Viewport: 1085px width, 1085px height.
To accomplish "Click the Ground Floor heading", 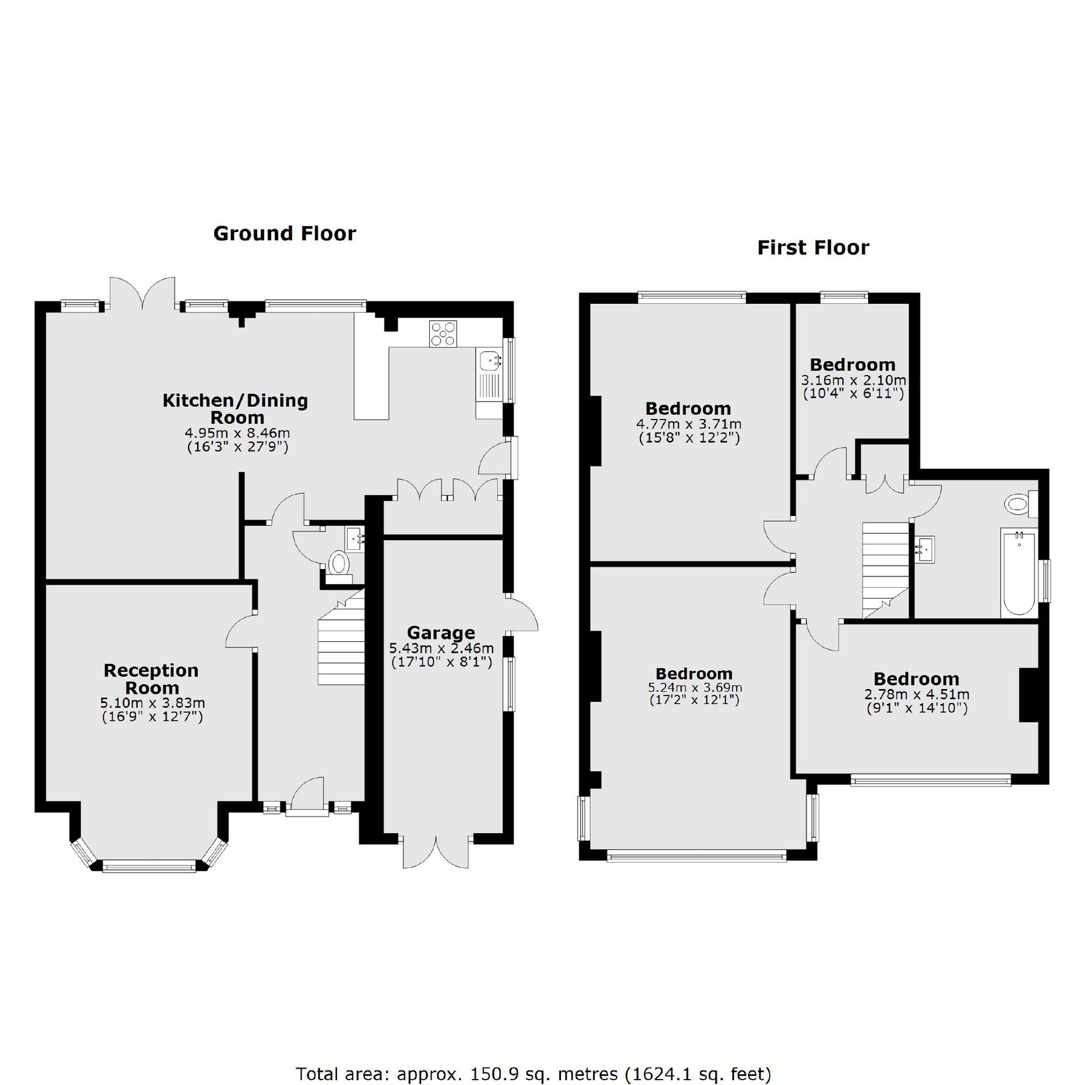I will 285,233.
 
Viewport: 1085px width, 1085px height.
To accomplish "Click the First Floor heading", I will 813,248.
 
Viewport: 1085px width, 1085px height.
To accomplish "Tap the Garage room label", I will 441,632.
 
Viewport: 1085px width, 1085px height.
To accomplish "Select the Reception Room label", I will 151,679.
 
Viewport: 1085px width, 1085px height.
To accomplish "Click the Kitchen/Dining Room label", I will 235,408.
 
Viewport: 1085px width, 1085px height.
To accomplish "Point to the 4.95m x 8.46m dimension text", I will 237,433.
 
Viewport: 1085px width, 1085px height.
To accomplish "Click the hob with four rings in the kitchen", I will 443,334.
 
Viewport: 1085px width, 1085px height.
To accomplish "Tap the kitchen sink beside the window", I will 488,361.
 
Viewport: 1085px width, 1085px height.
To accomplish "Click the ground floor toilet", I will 339,564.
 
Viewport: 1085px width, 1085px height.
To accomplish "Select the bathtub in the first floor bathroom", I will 1018,572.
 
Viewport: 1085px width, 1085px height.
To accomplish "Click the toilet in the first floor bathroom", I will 1019,504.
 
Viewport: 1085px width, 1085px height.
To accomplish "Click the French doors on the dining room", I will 142,292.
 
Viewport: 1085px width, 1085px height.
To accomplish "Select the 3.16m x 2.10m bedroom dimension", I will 853,380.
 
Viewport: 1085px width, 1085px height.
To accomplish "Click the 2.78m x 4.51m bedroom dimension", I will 916,695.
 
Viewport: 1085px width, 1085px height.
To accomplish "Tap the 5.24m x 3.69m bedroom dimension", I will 694,687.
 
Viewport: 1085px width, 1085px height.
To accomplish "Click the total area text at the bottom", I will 533,1040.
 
